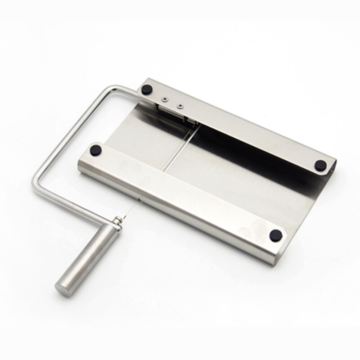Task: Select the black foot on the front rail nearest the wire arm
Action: (x=95, y=149)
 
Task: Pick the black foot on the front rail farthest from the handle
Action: (x=276, y=234)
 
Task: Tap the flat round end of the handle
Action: (x=61, y=286)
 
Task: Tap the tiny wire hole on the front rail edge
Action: (x=140, y=198)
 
